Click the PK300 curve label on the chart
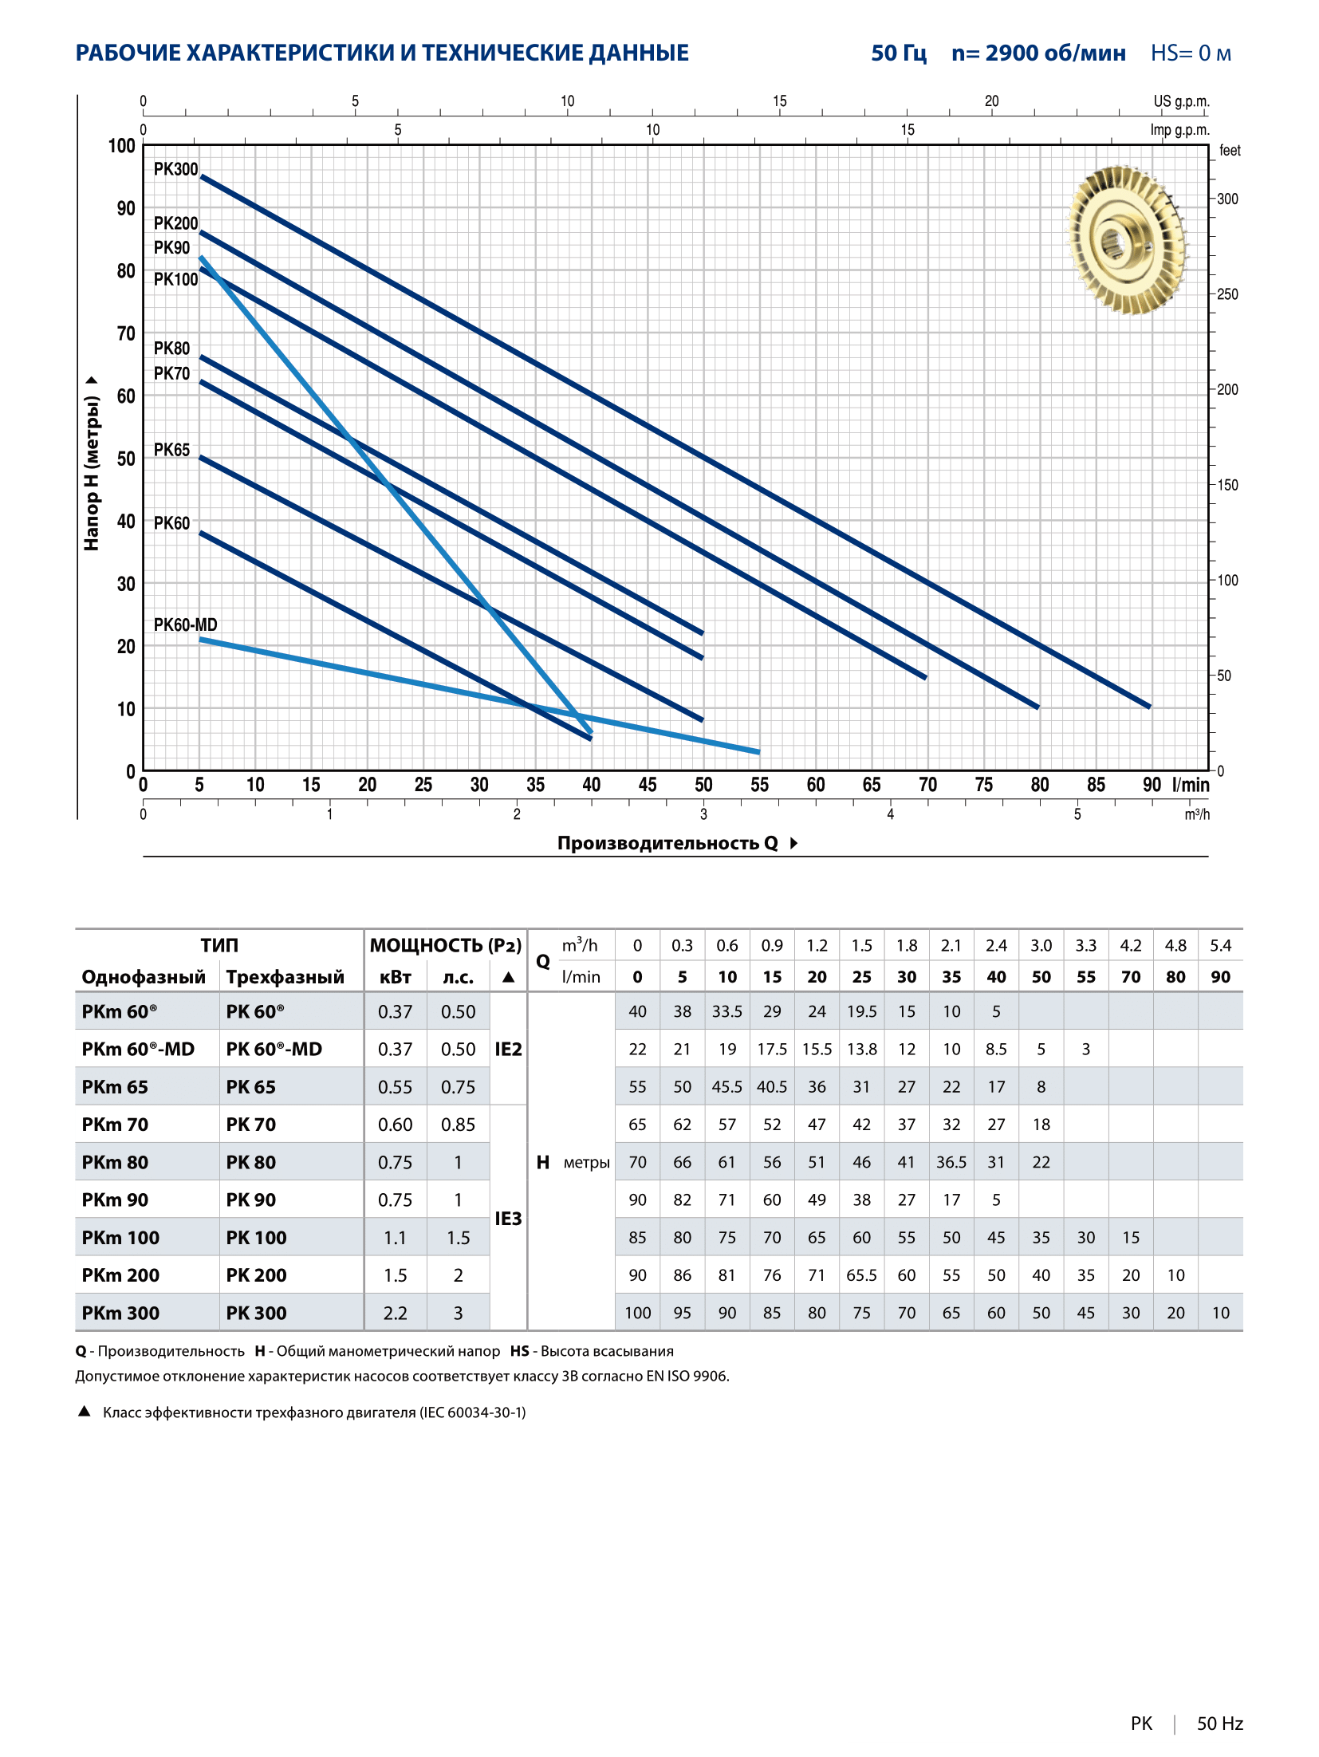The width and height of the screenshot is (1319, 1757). [x=175, y=169]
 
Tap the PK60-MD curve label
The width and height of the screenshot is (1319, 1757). [x=185, y=624]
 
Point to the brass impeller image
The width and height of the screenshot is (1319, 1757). [x=1128, y=240]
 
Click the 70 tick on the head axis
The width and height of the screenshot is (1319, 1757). [x=126, y=333]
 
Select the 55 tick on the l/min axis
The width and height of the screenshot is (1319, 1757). [x=759, y=785]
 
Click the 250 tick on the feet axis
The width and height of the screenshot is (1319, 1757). [x=1227, y=294]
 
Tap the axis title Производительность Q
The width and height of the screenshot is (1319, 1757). [x=667, y=843]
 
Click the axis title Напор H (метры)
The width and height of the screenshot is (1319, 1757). [x=92, y=474]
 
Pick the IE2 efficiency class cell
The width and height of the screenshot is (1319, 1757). [x=508, y=1049]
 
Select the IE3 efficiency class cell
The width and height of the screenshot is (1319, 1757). [x=508, y=1218]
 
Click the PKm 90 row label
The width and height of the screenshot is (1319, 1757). [x=115, y=1200]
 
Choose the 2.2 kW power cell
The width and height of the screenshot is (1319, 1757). [x=395, y=1313]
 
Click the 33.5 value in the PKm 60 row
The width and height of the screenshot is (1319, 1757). [x=727, y=1011]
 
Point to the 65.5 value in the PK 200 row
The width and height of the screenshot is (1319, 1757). [x=861, y=1275]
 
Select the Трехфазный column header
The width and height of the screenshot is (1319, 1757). [x=285, y=977]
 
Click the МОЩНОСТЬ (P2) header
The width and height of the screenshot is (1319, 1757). [x=446, y=945]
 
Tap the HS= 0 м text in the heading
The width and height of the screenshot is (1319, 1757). [x=1191, y=53]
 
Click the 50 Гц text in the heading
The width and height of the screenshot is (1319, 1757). [x=899, y=53]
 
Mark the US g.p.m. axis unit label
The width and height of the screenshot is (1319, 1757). [x=1181, y=101]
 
